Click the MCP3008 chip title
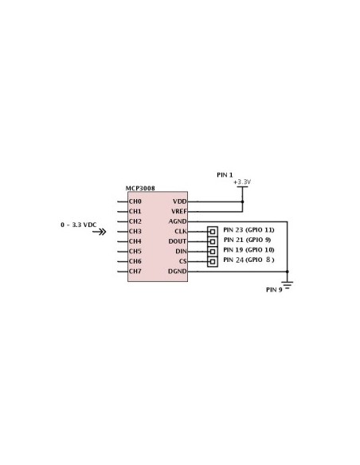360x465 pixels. [140, 189]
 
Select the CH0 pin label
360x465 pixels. [135, 201]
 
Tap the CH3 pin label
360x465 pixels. [135, 232]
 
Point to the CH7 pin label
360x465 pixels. [135, 271]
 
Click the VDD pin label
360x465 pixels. [180, 201]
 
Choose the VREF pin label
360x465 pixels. [179, 212]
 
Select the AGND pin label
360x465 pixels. [178, 221]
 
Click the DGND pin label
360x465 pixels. [178, 271]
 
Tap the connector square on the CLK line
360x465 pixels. [213, 232]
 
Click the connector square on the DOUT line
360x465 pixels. [213, 241]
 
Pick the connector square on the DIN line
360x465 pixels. [213, 252]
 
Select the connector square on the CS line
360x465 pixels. [213, 261]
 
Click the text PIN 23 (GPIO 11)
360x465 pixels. [248, 230]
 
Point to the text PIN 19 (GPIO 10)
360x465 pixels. [248, 250]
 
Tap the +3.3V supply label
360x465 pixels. [242, 182]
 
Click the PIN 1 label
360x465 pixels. [225, 175]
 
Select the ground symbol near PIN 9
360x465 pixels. [287, 285]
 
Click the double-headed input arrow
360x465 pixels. [99, 232]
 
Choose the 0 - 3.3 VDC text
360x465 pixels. [79, 225]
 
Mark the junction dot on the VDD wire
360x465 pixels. [242, 201]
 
